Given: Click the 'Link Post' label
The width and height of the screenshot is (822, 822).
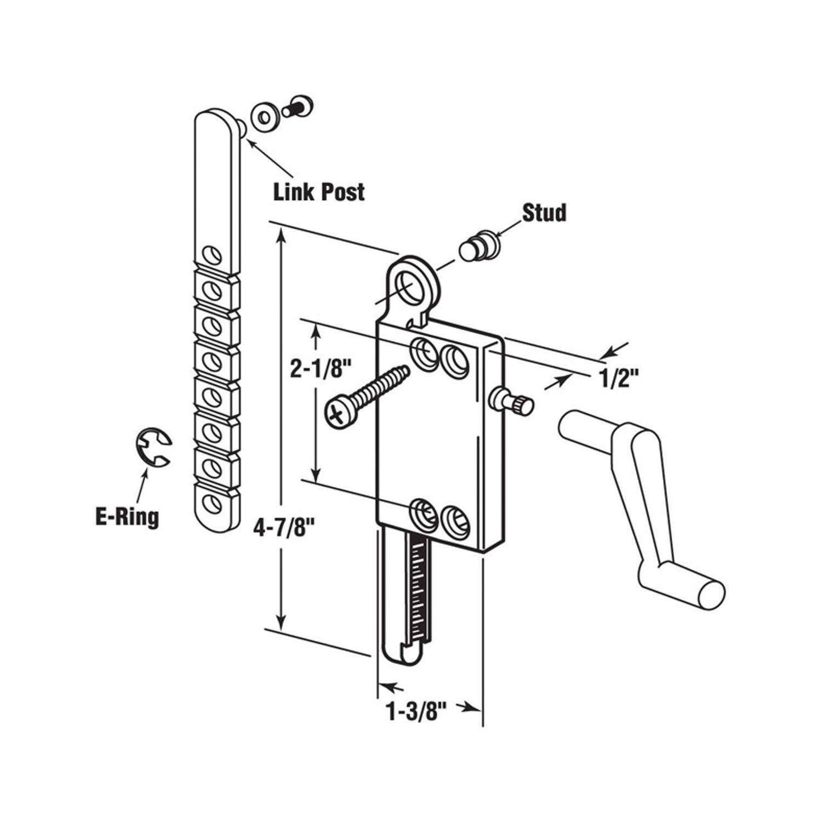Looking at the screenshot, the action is point(319,192).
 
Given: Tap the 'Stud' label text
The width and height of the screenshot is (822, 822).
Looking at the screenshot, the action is point(544,213).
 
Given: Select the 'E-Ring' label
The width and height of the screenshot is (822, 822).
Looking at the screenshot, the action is point(127,517).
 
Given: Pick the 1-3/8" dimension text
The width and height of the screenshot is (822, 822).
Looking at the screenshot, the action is point(414,713).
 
